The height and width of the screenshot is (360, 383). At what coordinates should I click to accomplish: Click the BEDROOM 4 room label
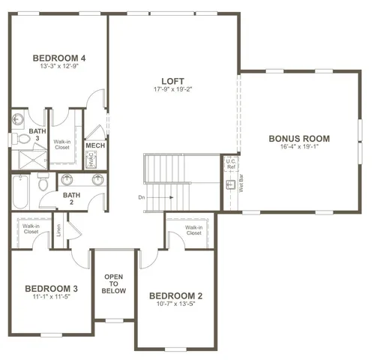(58, 58)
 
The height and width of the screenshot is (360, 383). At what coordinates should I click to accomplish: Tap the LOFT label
(173, 81)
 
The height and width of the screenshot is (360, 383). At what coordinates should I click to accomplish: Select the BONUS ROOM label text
(300, 139)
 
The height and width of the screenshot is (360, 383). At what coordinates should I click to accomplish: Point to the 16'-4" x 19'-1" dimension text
(300, 148)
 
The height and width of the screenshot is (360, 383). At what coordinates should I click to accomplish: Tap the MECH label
(95, 145)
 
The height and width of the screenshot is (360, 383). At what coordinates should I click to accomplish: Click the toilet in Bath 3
(16, 139)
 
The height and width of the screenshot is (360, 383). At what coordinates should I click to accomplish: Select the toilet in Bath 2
(43, 184)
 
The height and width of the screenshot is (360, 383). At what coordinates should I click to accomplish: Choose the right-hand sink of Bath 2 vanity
(97, 179)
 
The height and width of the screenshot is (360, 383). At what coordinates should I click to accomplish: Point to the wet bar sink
(230, 184)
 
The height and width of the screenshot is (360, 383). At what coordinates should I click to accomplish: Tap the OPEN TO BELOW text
(114, 283)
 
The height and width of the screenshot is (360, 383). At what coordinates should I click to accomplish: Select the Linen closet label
(58, 231)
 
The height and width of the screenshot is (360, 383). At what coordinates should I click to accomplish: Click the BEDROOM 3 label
(51, 289)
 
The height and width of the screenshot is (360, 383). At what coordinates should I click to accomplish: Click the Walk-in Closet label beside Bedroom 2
(193, 229)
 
